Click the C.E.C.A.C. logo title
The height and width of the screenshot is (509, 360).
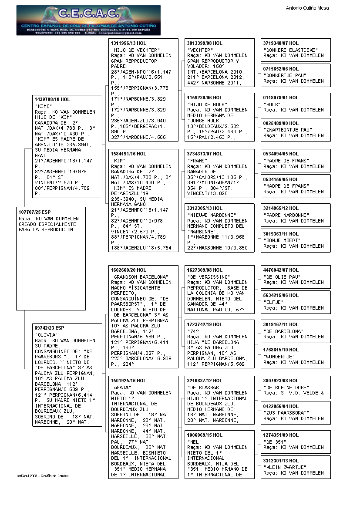pos(88,13)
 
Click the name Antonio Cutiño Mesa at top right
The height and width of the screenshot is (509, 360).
pos(307,8)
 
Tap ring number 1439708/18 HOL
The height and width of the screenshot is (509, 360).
pos(52,100)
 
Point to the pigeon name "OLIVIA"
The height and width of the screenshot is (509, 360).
pos(46,335)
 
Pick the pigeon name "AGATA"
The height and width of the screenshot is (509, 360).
pos(121,388)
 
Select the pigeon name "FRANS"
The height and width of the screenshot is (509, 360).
pos(197,161)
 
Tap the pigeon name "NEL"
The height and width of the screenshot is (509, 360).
pos(194,442)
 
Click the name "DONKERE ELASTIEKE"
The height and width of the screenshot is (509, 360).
pos(290,50)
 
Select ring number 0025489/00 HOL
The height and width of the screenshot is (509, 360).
pos(281,123)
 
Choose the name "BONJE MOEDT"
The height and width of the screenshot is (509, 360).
pos(282,240)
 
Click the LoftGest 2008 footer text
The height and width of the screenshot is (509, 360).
pos(43,476)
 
